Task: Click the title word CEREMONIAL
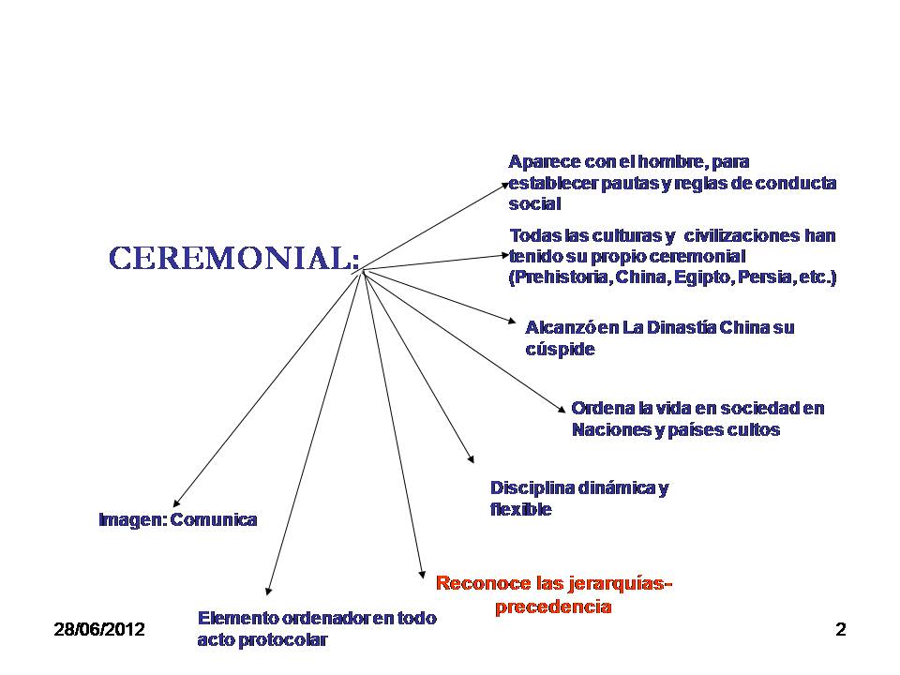[232, 258]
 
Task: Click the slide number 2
[840, 630]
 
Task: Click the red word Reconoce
[486, 583]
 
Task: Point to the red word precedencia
[553, 607]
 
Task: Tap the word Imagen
[131, 519]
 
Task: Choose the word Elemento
[237, 618]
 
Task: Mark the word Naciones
[609, 430]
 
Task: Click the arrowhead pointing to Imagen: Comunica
[175, 506]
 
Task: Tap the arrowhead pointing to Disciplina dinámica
[471, 459]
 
